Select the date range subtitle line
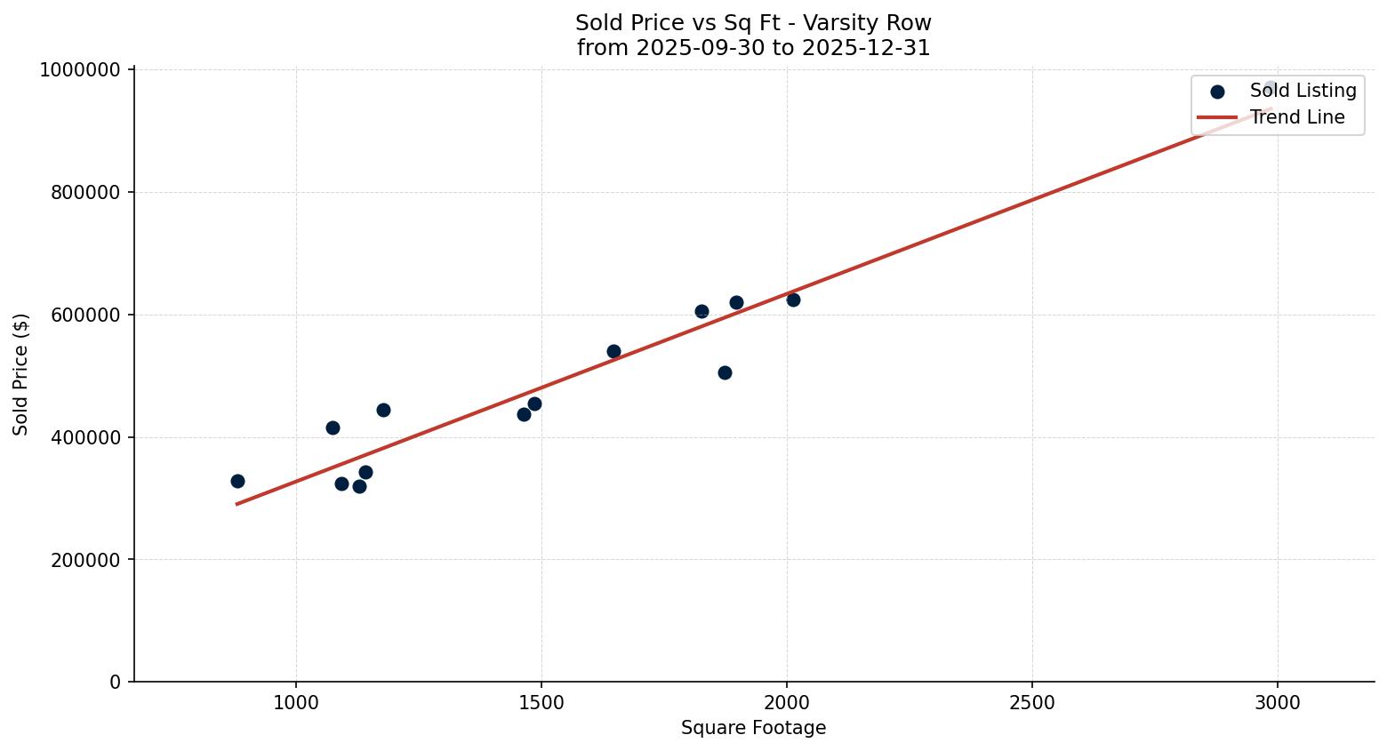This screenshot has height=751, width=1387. click(x=753, y=48)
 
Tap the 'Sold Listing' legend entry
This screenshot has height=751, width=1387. click(x=1303, y=91)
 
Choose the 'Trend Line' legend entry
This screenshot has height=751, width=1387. click(x=1296, y=117)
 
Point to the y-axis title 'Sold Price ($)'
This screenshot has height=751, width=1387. click(x=21, y=374)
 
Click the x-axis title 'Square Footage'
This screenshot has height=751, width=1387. click(x=753, y=729)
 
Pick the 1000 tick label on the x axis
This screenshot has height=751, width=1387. click(x=296, y=703)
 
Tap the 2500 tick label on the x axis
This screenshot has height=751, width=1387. click(x=1032, y=703)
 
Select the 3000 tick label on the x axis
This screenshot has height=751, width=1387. click(x=1278, y=703)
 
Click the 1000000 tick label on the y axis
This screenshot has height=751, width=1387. click(x=80, y=70)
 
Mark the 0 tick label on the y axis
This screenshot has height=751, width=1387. click(x=115, y=683)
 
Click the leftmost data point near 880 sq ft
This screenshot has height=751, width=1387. click(x=237, y=481)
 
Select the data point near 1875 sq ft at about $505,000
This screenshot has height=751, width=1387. click(x=725, y=372)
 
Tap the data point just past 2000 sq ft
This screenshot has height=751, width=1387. click(x=793, y=300)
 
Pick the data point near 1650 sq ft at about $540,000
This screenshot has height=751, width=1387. click(x=613, y=351)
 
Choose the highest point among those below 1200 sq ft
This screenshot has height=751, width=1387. click(x=383, y=410)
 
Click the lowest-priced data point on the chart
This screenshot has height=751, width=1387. click(x=359, y=486)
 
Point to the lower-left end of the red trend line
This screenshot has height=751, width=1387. click(x=237, y=504)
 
